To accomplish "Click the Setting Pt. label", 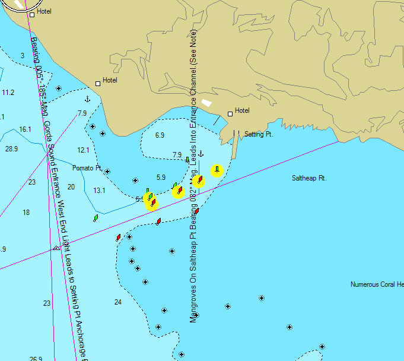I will click(258, 135).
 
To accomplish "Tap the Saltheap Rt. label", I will click(309, 178).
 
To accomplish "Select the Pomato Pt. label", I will click(87, 168).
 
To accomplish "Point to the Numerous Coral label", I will click(373, 284).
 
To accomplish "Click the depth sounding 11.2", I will click(8, 93).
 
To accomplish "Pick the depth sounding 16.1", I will click(25, 129).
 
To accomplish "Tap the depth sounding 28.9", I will click(11, 148).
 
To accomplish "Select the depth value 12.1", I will click(83, 150).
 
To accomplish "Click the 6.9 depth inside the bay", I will click(160, 135).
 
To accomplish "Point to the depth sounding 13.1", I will click(99, 190).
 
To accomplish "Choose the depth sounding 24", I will click(117, 302).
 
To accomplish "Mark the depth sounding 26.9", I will click(36, 359).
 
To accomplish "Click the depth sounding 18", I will click(26, 213).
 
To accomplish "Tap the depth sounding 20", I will click(71, 187).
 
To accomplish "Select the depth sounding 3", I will click(22, 56).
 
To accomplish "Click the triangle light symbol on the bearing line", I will click(56, 248).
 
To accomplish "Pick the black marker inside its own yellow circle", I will click(217, 170).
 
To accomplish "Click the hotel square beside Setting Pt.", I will click(230, 114).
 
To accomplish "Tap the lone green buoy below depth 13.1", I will click(96, 218).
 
